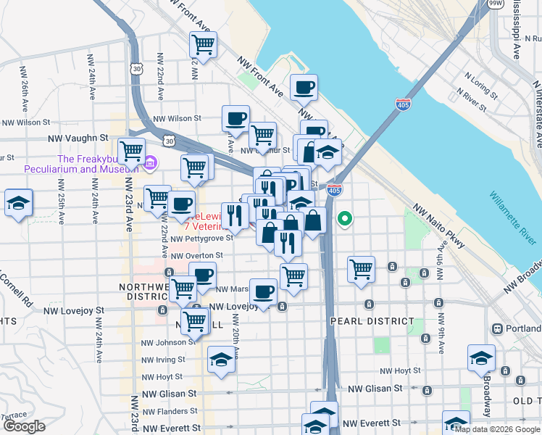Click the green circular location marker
(x=346, y=217)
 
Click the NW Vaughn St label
(x=78, y=137)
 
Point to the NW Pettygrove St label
(x=197, y=237)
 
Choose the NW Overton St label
(x=196, y=255)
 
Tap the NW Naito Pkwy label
(x=439, y=230)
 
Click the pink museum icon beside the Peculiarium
(x=150, y=162)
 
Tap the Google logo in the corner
(x=24, y=426)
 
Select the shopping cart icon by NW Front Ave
(x=204, y=44)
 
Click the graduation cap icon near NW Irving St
(x=221, y=360)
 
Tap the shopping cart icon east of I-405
(x=360, y=269)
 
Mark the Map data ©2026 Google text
(x=497, y=428)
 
